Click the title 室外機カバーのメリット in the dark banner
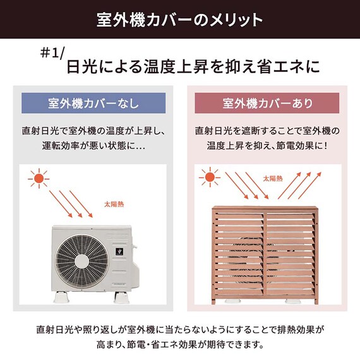click(x=180, y=19)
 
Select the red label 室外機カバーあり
click(x=268, y=103)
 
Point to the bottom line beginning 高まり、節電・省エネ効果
click(x=180, y=345)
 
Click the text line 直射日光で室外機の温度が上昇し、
click(x=92, y=131)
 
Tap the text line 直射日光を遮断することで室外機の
click(x=267, y=131)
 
